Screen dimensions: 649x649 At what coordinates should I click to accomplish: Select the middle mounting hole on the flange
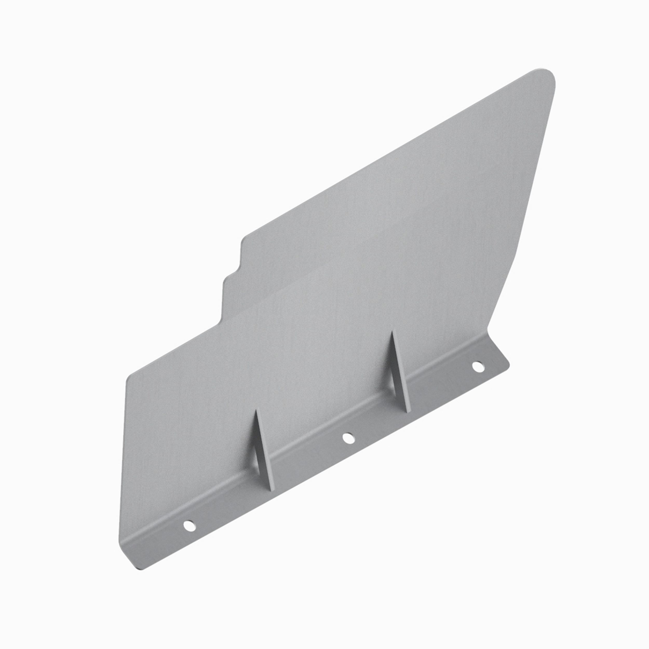(348, 437)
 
